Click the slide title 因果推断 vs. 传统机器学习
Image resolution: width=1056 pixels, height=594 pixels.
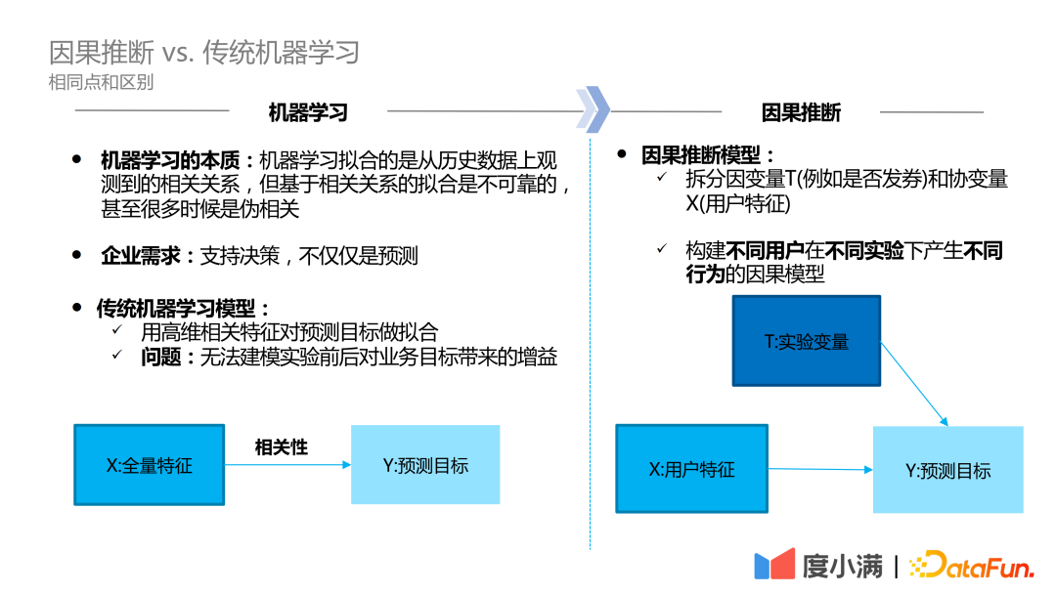click(x=204, y=52)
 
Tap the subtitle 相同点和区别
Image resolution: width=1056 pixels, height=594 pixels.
click(x=101, y=82)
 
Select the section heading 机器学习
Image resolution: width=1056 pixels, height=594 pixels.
click(x=308, y=112)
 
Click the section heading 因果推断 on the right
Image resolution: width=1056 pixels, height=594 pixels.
click(x=801, y=112)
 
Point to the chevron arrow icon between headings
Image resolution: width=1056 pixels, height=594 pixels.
click(x=593, y=107)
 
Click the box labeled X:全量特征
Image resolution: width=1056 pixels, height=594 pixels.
click(x=149, y=465)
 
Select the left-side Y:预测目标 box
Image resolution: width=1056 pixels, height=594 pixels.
click(x=425, y=465)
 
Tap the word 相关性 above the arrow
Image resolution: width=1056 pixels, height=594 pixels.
click(x=282, y=447)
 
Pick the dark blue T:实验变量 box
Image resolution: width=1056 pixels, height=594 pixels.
click(x=807, y=341)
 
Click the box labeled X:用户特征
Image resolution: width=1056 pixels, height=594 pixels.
click(x=691, y=469)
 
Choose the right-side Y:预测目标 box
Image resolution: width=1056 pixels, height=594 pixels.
click(x=947, y=470)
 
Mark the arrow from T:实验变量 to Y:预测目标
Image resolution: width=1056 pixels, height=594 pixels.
click(x=914, y=383)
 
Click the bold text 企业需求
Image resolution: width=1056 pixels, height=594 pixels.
click(x=141, y=256)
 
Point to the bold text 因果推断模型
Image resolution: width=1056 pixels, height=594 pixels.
click(x=707, y=155)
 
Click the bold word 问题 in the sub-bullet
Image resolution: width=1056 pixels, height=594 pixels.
click(x=161, y=358)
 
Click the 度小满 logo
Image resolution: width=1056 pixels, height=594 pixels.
click(x=817, y=566)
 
